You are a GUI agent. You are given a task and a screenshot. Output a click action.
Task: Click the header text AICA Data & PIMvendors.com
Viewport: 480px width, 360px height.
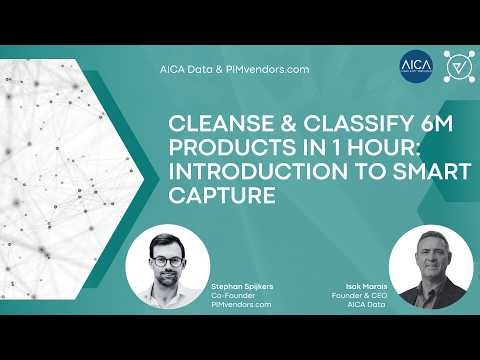[x=234, y=70]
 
